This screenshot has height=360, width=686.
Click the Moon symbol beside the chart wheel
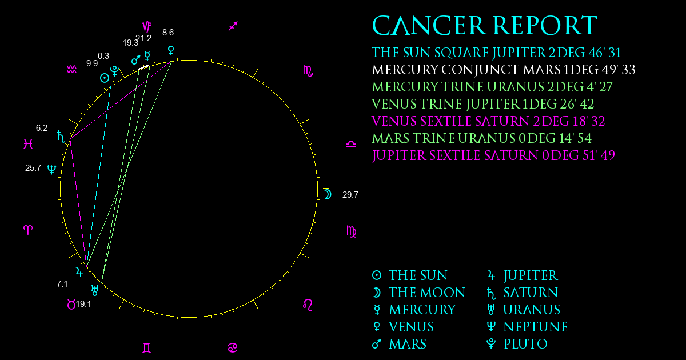pos(328,194)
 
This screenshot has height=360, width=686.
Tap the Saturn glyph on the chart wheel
pos(61,137)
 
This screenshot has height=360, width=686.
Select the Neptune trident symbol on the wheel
pos(52,169)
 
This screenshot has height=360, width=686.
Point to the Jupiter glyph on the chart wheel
pos(79,272)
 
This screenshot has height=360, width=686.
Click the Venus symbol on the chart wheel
pos(171,50)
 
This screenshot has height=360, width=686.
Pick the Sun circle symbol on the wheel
pos(105,78)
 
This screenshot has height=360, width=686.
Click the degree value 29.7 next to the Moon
pos(350,195)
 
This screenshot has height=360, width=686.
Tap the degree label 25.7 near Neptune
pos(33,168)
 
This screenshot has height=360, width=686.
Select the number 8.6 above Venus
pos(168,33)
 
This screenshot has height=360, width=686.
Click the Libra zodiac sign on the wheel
pos(351,144)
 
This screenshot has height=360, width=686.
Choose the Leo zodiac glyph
pos(308,305)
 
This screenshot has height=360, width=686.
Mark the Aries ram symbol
pos(28,230)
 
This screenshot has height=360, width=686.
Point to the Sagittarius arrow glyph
pos(233,26)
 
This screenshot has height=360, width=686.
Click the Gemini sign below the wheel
pos(147,348)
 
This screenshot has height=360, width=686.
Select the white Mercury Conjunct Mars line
pos(143,67)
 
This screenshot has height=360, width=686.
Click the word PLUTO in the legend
pos(526,344)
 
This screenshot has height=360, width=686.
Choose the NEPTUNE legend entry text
pos(536,327)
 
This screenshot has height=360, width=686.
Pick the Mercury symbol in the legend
pos(377,310)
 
